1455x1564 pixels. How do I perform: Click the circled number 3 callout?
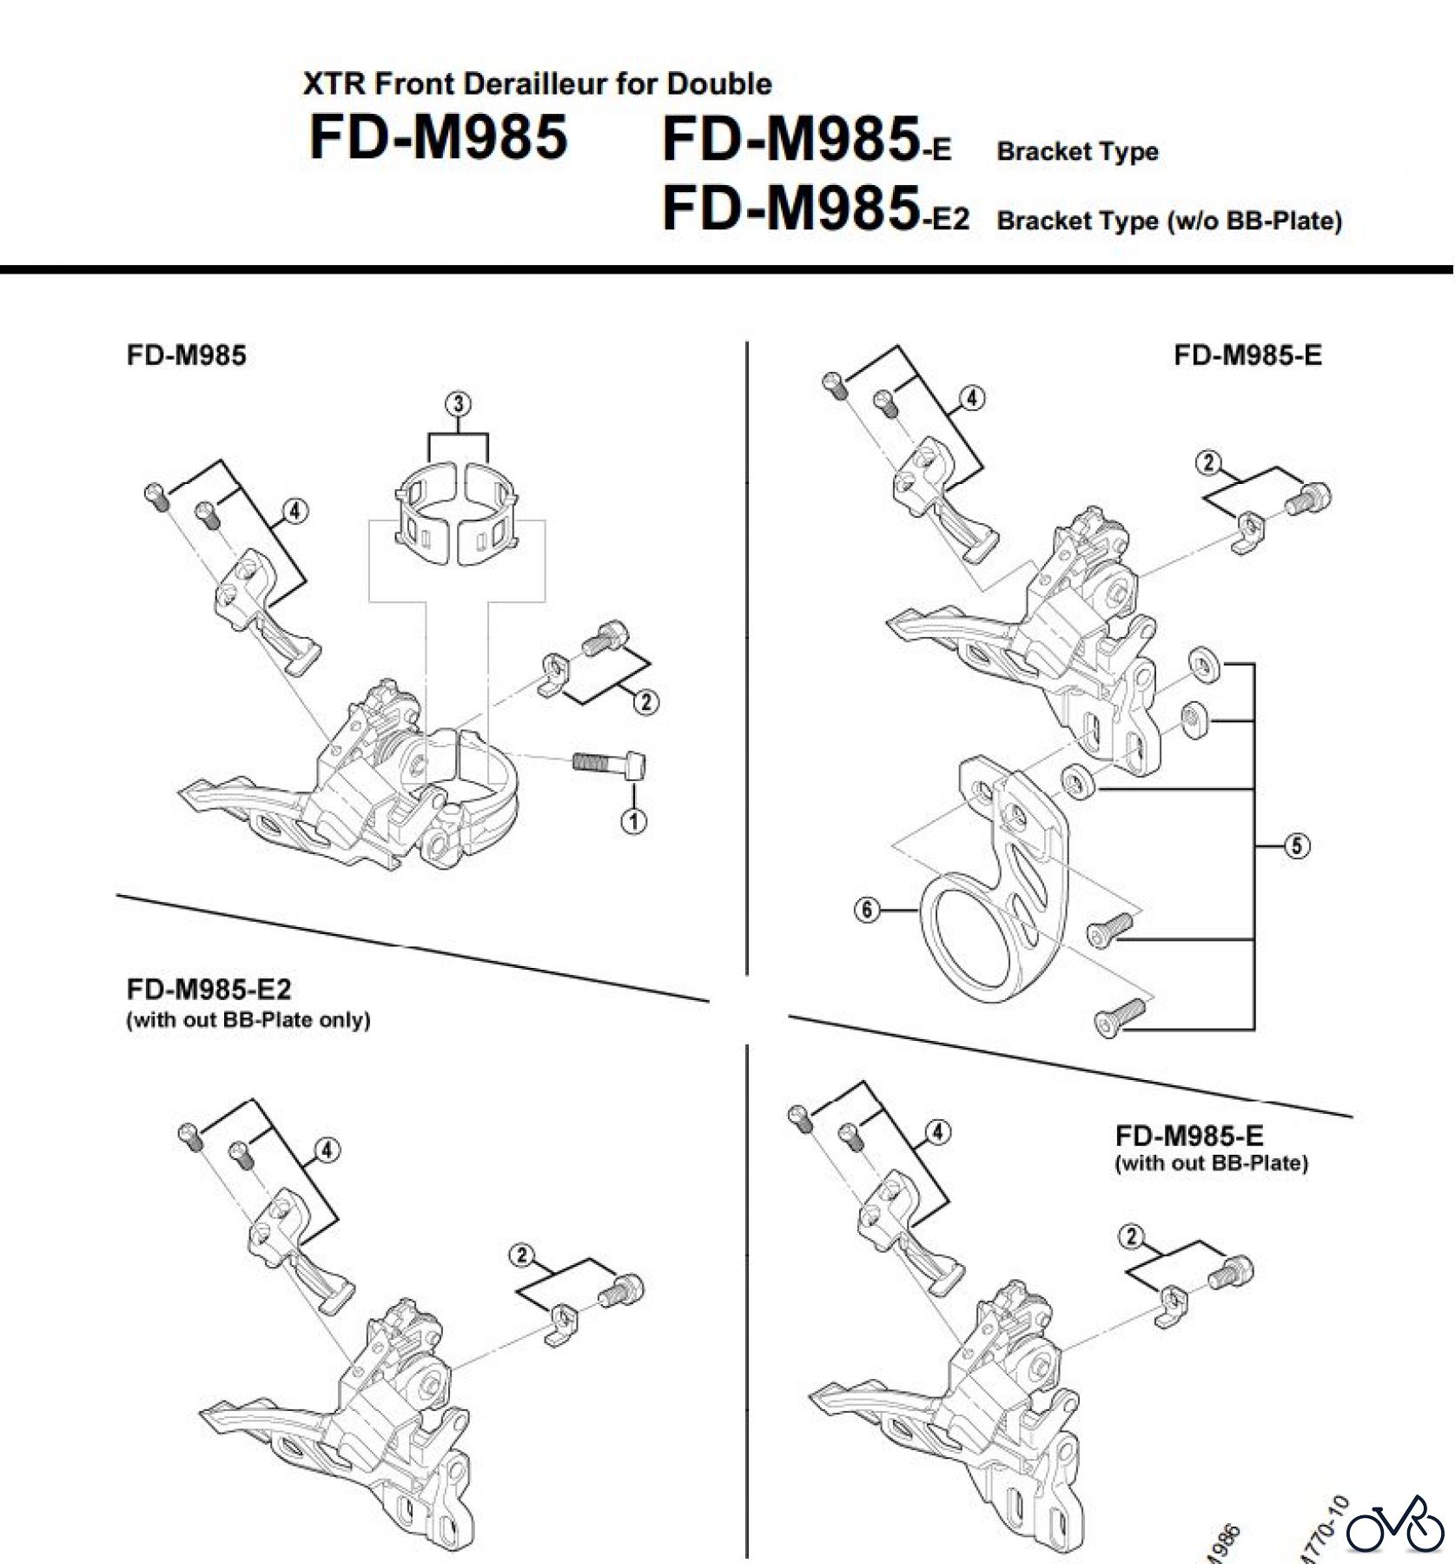(x=458, y=404)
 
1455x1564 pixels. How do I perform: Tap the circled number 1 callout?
(x=634, y=820)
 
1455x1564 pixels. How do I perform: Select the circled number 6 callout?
(x=867, y=911)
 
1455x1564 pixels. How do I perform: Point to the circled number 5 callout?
(x=1296, y=845)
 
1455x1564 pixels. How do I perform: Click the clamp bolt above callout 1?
(x=609, y=765)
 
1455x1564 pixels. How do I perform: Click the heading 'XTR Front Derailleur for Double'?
(x=537, y=83)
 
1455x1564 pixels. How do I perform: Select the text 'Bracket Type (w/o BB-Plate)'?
(x=1169, y=221)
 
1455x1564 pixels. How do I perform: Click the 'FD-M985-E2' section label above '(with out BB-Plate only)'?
(x=208, y=990)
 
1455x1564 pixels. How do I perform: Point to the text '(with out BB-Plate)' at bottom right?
(x=1211, y=1163)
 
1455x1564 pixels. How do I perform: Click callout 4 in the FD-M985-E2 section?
(x=326, y=1150)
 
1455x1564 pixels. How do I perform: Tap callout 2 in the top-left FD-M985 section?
(x=645, y=701)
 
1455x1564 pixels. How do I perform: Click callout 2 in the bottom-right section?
(x=1131, y=1236)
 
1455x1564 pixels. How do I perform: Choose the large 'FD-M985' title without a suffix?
(x=439, y=137)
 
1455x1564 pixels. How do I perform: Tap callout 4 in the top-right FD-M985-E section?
(x=972, y=398)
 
